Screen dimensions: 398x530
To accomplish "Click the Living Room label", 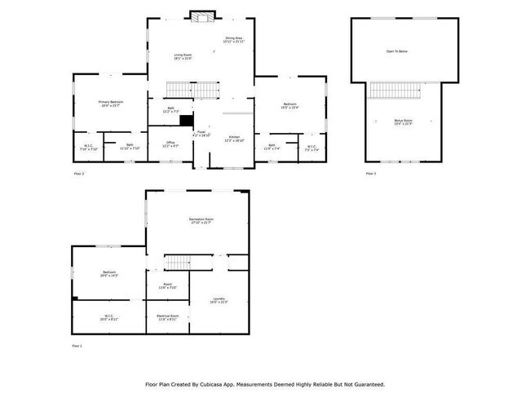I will pos(182,57).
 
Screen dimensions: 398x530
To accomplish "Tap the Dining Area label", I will pos(234,39).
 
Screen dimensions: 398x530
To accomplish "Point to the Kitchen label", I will pos(234,139).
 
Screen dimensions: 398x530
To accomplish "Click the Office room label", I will pos(171,144).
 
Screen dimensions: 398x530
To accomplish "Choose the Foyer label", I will pos(201,132).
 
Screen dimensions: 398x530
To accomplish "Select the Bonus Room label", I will pos(403,122).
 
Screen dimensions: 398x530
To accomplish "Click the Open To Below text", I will pos(397,51).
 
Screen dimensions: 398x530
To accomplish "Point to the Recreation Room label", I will pos(201,221).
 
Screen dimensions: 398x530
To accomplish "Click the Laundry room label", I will pos(219,300).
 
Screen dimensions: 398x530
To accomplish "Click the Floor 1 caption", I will pos(78,346).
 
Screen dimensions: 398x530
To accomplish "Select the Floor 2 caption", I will pos(79,173).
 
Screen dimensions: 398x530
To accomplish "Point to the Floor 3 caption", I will pos(370,173).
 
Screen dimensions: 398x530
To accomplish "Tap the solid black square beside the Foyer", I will pos(185,119).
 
